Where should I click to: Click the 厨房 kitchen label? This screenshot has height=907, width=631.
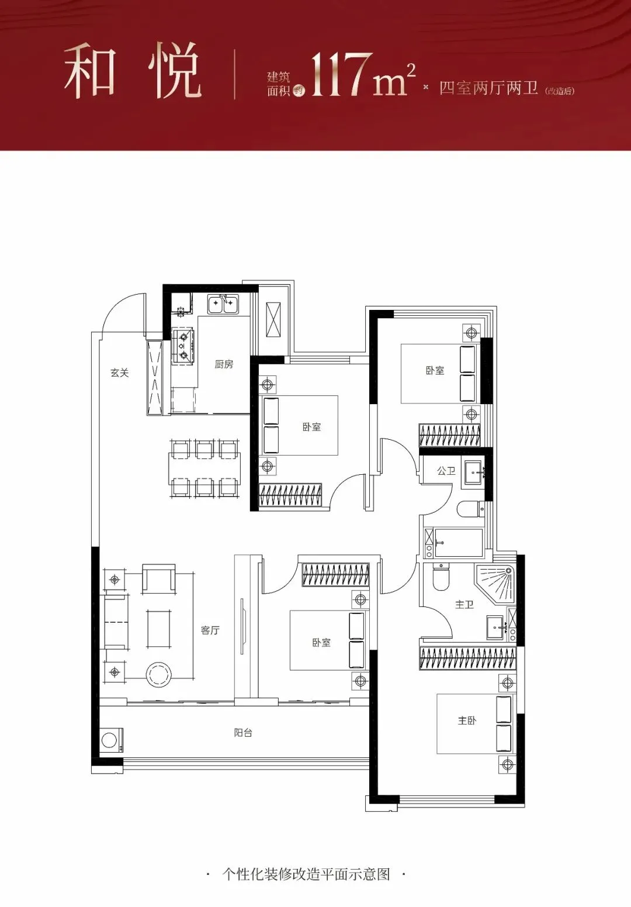click(224, 364)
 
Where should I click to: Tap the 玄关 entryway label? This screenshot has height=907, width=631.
click(120, 373)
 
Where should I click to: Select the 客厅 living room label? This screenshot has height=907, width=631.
click(210, 630)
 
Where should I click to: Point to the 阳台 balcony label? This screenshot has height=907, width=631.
click(243, 733)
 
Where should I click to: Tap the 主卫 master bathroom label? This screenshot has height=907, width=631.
click(464, 605)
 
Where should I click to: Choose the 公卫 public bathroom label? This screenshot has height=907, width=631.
click(446, 471)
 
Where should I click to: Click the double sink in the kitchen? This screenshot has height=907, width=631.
click(223, 304)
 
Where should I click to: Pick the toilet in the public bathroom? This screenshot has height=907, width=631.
click(471, 509)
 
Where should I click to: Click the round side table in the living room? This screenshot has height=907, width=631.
click(159, 675)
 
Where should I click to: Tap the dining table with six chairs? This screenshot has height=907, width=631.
click(204, 468)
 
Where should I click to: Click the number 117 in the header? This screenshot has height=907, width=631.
click(342, 75)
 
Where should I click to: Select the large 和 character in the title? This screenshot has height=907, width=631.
click(90, 72)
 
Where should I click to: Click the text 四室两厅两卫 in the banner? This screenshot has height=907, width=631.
click(488, 88)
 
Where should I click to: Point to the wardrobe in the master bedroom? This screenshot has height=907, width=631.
click(468, 657)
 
